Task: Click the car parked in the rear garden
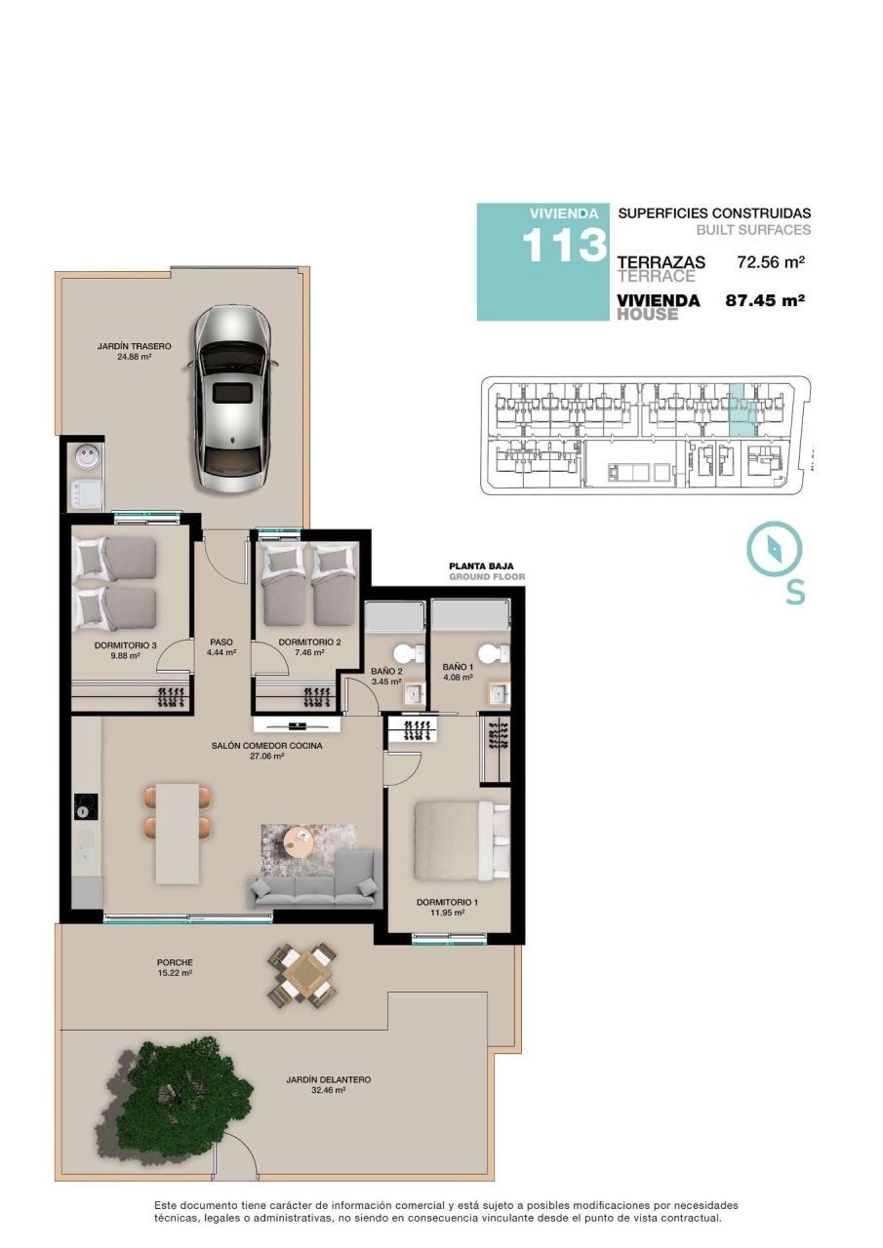click(233, 400)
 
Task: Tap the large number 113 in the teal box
click(564, 246)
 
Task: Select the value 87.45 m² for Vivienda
click(764, 301)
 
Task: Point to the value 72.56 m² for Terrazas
click(770, 262)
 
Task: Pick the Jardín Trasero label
click(135, 351)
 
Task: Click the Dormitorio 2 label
click(308, 647)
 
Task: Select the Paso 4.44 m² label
click(221, 647)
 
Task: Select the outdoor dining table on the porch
click(302, 975)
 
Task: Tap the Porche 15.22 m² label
click(175, 967)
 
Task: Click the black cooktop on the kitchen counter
click(86, 806)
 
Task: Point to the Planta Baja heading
click(480, 565)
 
